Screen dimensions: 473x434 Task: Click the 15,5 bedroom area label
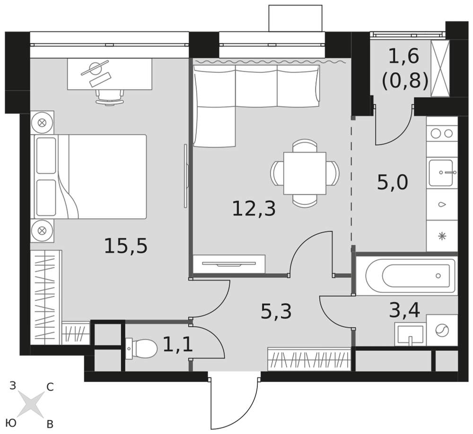click(x=126, y=246)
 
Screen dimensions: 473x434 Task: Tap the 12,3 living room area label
click(x=254, y=209)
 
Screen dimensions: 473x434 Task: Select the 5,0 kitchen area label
click(x=393, y=182)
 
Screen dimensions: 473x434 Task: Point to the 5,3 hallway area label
click(x=276, y=311)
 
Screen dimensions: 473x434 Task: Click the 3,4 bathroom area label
click(x=404, y=311)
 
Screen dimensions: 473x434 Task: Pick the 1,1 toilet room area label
click(x=178, y=345)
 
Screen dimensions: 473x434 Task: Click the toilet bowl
click(x=141, y=349)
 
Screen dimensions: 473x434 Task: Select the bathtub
click(x=406, y=276)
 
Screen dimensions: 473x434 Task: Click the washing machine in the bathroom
click(x=442, y=331)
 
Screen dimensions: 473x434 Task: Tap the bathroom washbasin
click(x=410, y=335)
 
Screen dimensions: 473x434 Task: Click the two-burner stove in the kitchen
click(x=442, y=133)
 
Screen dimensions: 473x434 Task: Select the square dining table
click(x=305, y=173)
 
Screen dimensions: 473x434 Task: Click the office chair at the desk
click(x=110, y=96)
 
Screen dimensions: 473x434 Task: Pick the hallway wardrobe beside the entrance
click(x=309, y=359)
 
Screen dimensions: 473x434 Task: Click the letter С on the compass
click(x=50, y=387)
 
